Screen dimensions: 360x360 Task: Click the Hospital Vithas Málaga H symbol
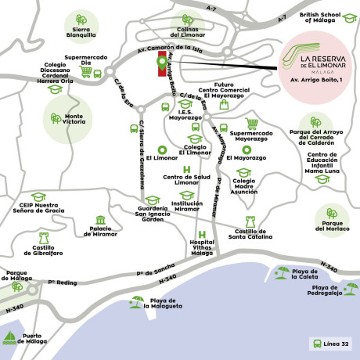pos(202,234)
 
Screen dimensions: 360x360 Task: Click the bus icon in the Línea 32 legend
pos(315,344)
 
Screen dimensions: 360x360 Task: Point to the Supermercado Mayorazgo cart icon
pos(252,123)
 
